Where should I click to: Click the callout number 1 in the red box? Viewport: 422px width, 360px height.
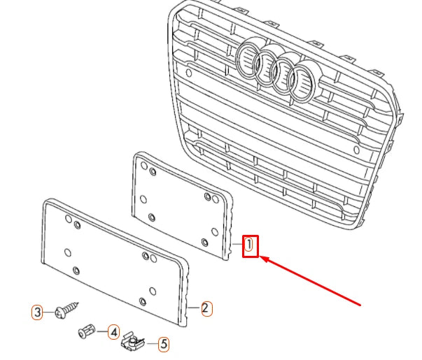(x=249, y=245)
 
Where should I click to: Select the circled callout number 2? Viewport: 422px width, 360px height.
(x=205, y=308)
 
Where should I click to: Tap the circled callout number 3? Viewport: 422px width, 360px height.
(x=38, y=312)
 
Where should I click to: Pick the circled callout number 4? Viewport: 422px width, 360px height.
(x=113, y=332)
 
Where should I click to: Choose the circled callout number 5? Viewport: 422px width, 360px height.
(x=163, y=344)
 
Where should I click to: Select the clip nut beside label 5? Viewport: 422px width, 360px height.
(x=131, y=342)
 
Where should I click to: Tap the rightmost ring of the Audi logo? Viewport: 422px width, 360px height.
(x=305, y=79)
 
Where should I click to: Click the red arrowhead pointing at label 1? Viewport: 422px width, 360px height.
(x=265, y=259)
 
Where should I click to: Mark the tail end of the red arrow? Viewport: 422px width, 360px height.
(x=360, y=305)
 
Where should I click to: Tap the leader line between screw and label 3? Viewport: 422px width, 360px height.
(x=50, y=312)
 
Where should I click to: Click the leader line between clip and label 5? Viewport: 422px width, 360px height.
(x=150, y=343)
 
